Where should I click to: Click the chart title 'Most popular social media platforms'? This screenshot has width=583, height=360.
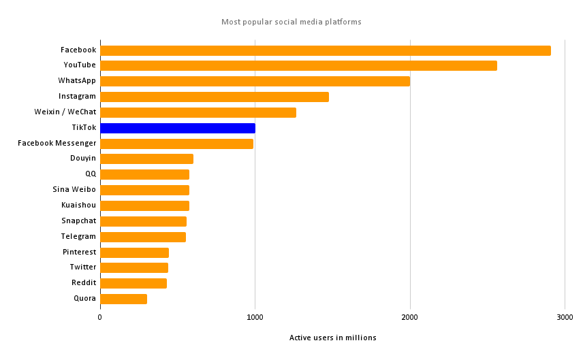click(291, 22)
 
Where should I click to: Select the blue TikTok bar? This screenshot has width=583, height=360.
click(178, 128)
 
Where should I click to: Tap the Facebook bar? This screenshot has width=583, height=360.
click(325, 50)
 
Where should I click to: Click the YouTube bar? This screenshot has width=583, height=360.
click(298, 66)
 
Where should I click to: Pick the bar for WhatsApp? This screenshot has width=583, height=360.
click(255, 81)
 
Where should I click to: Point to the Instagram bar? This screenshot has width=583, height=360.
click(215, 97)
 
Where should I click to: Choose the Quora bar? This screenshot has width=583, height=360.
click(123, 299)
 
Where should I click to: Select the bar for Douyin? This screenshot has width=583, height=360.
click(146, 159)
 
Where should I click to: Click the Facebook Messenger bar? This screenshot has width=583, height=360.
click(176, 144)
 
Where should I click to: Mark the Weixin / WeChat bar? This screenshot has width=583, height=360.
click(198, 112)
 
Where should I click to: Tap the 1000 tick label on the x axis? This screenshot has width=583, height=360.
click(255, 317)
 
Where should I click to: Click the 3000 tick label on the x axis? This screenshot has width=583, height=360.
click(565, 317)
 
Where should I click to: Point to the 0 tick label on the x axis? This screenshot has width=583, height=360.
click(100, 317)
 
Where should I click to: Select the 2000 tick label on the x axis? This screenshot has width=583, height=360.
click(409, 317)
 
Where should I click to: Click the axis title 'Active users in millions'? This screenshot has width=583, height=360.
click(332, 338)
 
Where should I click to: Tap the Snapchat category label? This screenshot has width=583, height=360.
click(78, 221)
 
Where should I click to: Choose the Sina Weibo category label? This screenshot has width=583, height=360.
click(74, 190)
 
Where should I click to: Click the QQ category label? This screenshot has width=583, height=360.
click(91, 174)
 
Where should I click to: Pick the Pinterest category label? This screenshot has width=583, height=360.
click(79, 252)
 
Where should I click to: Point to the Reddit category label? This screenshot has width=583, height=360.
click(84, 283)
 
